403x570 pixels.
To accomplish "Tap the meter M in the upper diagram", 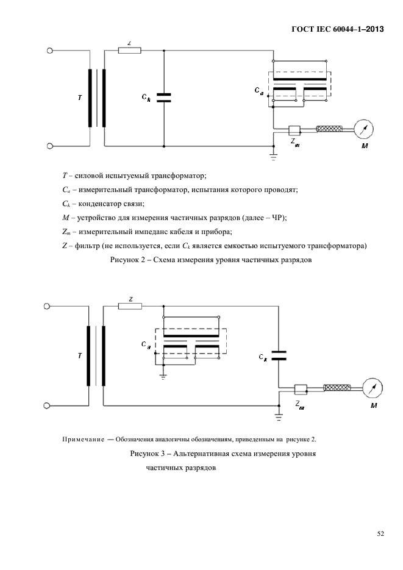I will tap(364, 129).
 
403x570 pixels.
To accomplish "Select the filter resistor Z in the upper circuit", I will tap(130, 51).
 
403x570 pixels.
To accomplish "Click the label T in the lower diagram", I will tap(79, 354).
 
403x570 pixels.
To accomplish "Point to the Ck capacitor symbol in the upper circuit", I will tap(164, 98).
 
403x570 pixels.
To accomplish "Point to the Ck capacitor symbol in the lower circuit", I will tap(278, 356).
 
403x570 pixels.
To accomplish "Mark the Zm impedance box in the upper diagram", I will tap(294, 129).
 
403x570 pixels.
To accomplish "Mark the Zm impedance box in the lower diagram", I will tap(301, 388).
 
